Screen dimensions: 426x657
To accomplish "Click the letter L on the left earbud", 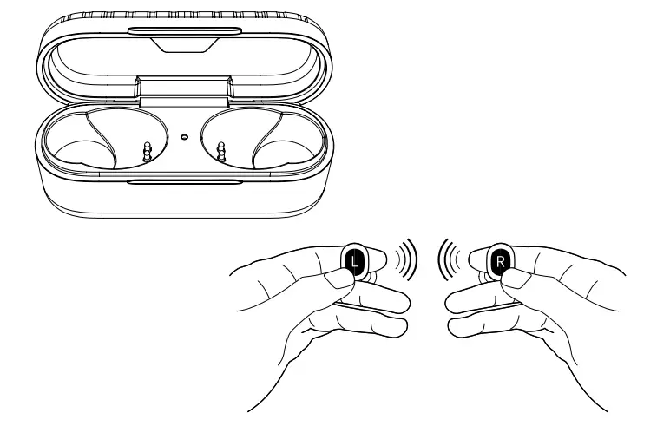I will pos(354,259).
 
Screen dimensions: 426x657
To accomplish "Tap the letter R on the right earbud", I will pos(500,259).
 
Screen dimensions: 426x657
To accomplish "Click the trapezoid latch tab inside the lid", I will pos(185,47).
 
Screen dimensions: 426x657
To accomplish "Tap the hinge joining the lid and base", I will pos(185,89).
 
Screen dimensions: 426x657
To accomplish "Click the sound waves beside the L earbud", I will pos(404,258).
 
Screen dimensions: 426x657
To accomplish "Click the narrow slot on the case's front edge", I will pos(184,181).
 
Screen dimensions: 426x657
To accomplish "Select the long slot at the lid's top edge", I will pos(185,31).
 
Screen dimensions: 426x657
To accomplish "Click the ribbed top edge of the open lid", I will pos(185,15).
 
